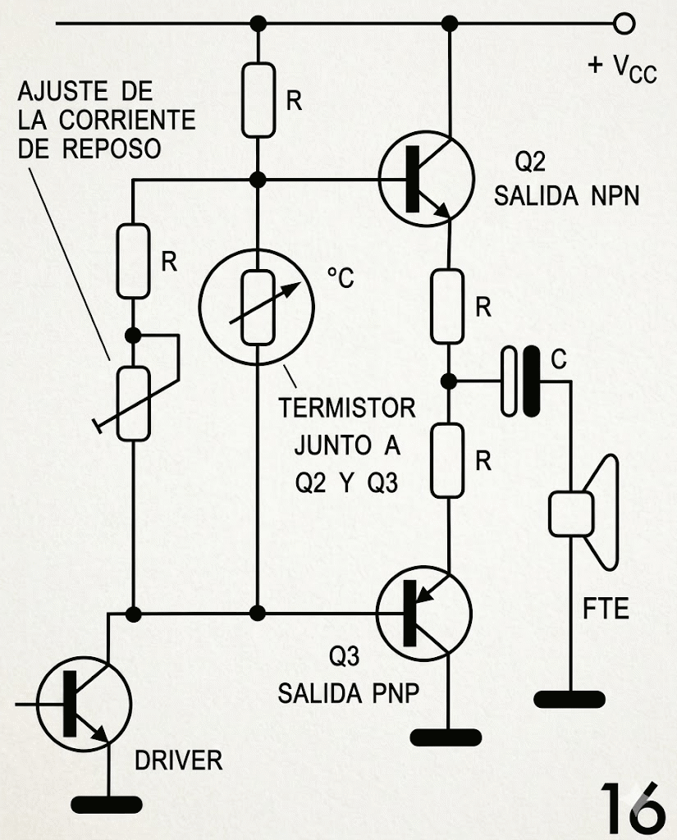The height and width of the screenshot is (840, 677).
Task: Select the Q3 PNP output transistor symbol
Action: coord(423,612)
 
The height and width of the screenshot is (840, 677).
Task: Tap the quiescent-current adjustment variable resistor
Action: coord(133,403)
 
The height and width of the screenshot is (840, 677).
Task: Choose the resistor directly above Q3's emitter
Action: coord(448,459)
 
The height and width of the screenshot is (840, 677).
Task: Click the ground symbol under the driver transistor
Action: coord(107,804)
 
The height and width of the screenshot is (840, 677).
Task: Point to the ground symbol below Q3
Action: coord(445,737)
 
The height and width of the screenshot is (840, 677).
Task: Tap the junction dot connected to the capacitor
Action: coord(448,381)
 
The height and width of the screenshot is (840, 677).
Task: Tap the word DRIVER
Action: coord(179,760)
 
